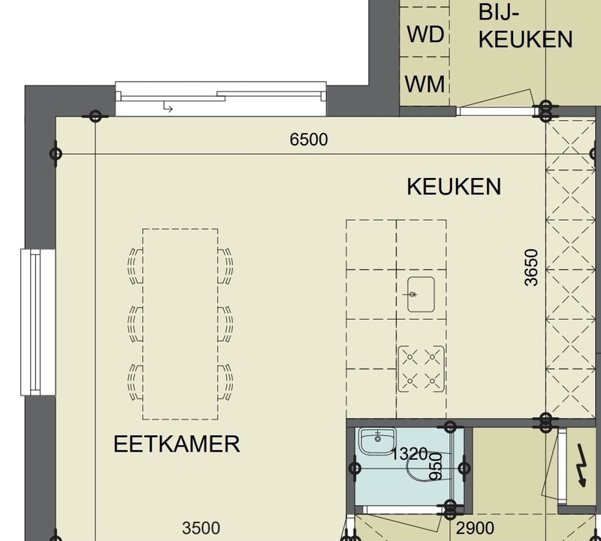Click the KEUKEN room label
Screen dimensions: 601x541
click(454, 186)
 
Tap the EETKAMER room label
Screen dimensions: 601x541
click(177, 443)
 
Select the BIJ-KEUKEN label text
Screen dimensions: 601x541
click(525, 26)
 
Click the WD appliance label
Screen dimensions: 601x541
click(425, 34)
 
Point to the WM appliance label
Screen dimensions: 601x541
click(424, 84)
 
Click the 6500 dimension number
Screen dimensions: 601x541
click(309, 140)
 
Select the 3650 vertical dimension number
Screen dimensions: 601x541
click(531, 267)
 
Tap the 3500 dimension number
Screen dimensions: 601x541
click(201, 528)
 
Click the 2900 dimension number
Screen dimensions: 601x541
click(476, 528)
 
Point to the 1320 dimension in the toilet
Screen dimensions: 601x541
click(409, 454)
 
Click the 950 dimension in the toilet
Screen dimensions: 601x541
click(436, 466)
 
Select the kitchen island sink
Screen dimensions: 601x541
click(421, 294)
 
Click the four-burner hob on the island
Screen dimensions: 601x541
click(421, 369)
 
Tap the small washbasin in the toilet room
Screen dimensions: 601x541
click(377, 441)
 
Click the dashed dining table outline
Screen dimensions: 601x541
click(180, 324)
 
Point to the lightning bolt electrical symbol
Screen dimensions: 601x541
click(581, 464)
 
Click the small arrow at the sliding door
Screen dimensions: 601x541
click(168, 107)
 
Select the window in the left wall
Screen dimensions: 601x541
click(38, 322)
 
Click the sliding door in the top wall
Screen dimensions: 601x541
click(221, 98)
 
